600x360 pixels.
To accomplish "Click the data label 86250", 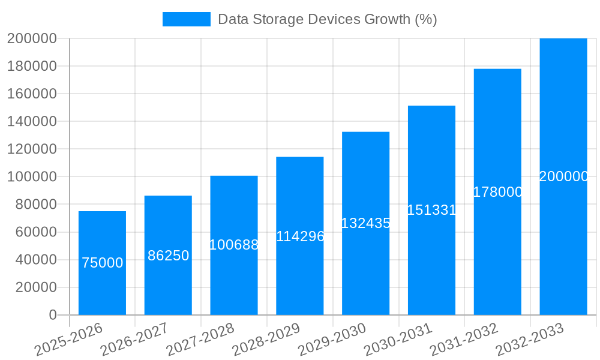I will click(168, 256).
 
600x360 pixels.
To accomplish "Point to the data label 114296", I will click(300, 236).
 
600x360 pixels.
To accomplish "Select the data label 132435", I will click(366, 223).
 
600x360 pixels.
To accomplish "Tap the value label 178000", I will click(497, 192).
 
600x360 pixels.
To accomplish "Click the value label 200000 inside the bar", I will click(563, 176).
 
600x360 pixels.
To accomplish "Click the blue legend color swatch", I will click(187, 19).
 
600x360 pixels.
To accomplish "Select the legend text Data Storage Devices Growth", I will click(327, 19).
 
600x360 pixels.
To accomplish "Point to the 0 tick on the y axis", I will click(52, 315).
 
